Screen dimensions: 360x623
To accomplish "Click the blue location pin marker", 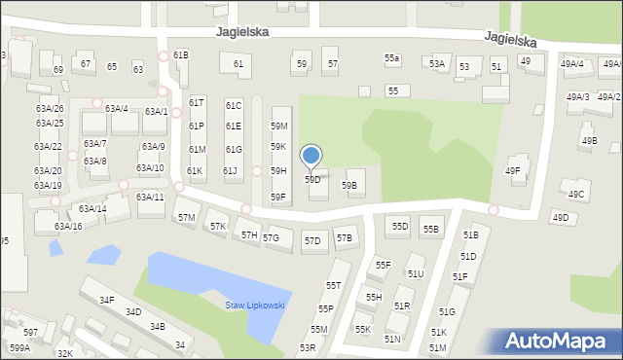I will click(x=311, y=157).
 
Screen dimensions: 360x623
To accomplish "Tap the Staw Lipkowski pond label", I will click(x=255, y=306).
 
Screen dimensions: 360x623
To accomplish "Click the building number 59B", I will click(x=348, y=185).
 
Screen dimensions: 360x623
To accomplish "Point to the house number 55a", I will click(x=391, y=59).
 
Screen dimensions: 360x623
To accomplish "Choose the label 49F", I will click(x=512, y=171).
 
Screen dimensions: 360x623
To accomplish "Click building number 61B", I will click(x=180, y=55).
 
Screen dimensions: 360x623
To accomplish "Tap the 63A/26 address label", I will click(x=50, y=109).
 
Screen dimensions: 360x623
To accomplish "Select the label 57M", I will click(x=186, y=217).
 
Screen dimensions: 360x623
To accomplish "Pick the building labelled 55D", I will click(x=400, y=227).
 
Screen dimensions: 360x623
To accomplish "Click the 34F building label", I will click(x=107, y=301).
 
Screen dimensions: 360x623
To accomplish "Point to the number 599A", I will click(x=19, y=347).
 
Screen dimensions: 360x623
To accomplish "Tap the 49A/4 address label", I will click(x=572, y=64).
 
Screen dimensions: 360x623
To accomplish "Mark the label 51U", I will click(x=416, y=274).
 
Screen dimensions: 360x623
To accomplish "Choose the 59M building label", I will click(x=279, y=126).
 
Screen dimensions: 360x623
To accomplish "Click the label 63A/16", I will click(x=68, y=227).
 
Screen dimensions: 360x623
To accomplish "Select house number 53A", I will click(x=437, y=64).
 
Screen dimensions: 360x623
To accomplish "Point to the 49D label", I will click(x=560, y=218).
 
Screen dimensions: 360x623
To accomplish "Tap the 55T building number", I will click(x=334, y=286).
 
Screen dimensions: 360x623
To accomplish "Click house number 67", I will click(x=86, y=64).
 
